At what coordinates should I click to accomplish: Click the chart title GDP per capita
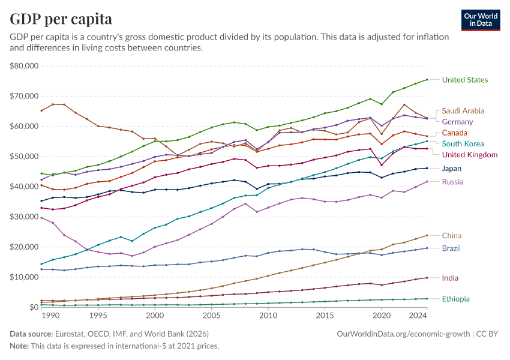pos(61,19)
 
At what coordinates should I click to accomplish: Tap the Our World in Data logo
pos(481,20)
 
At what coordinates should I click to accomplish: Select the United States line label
pos(465,80)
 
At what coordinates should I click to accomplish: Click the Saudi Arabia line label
pos(463,111)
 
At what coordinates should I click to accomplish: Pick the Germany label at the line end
pos(458,122)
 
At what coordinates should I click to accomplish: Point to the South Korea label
pos(463,143)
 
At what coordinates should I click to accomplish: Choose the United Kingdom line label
pos(470,155)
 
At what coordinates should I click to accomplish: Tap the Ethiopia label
pos(455,299)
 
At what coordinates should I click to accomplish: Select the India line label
pos(451,278)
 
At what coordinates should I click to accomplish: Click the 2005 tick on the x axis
pos(211,316)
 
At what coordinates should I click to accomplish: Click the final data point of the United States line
pos(427,79)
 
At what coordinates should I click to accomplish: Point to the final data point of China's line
pos(427,235)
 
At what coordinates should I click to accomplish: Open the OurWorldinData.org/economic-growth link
pos(405,334)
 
